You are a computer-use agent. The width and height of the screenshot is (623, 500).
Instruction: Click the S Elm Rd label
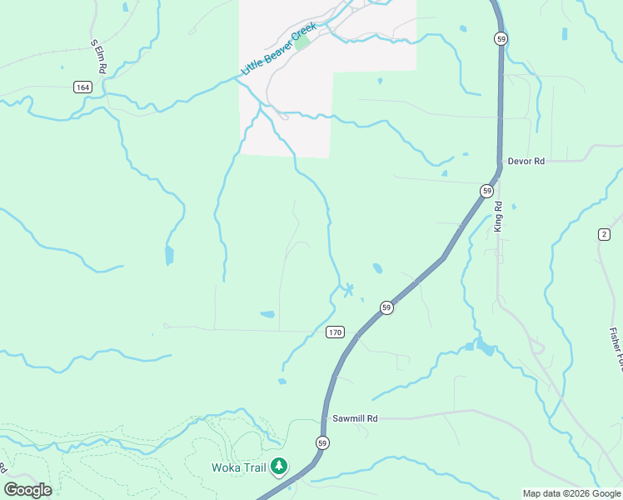96,56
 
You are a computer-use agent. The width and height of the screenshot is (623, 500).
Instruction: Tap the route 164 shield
82,87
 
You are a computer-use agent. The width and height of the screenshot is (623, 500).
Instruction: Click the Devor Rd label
526,161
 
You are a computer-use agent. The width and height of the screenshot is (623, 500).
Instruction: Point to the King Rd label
498,216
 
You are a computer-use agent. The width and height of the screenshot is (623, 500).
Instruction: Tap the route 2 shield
604,234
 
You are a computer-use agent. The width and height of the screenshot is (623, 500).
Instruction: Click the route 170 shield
335,332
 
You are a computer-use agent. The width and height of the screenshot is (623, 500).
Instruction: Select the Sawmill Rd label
355,418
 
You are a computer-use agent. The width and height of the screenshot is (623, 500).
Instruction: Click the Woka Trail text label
238,467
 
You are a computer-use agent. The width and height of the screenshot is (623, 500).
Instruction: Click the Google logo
27,489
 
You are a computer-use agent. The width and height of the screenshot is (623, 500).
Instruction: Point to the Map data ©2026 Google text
571,493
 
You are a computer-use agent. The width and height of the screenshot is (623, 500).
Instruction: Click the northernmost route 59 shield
500,38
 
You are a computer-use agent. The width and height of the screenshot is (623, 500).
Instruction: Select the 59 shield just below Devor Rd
486,191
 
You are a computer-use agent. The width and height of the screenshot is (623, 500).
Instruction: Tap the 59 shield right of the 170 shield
386,307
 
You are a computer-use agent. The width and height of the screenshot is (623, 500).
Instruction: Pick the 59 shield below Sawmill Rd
322,442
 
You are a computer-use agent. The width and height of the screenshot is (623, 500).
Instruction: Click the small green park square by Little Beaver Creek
302,41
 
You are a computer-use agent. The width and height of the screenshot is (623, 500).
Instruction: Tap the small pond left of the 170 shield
267,314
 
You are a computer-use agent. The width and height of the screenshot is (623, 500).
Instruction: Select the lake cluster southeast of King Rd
481,345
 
